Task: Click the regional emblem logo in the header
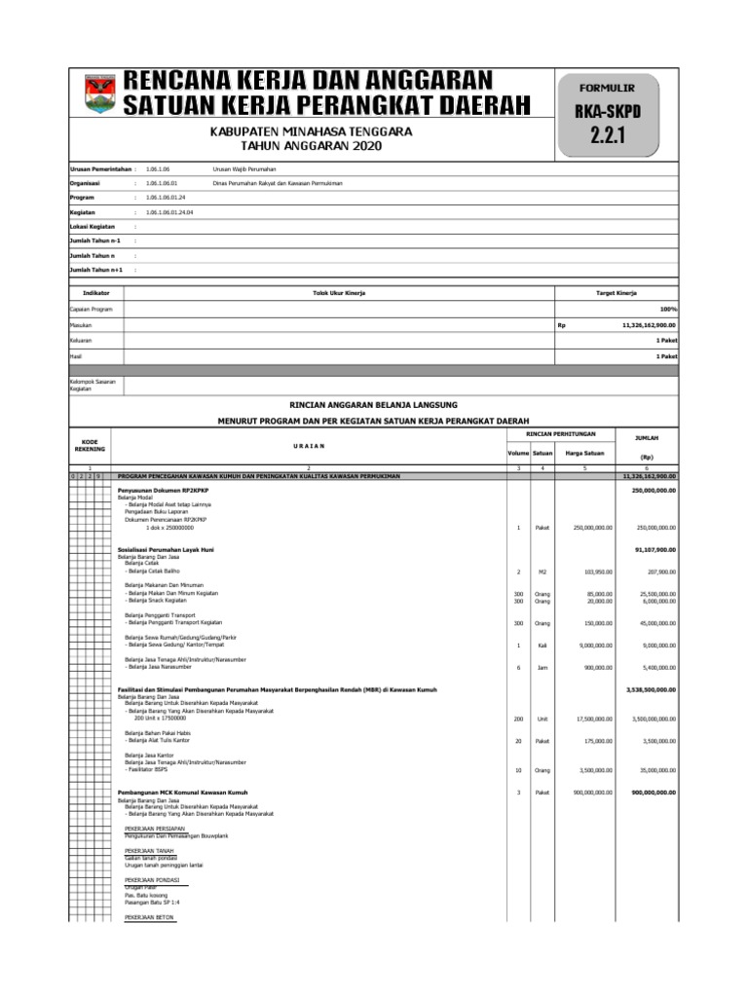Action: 97,93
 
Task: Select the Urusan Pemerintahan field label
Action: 99,168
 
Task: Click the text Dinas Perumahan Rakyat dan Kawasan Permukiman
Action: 280,182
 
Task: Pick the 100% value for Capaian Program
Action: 668,309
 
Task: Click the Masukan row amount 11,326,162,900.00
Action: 648,324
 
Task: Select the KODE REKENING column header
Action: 89,445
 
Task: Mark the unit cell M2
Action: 542,572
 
